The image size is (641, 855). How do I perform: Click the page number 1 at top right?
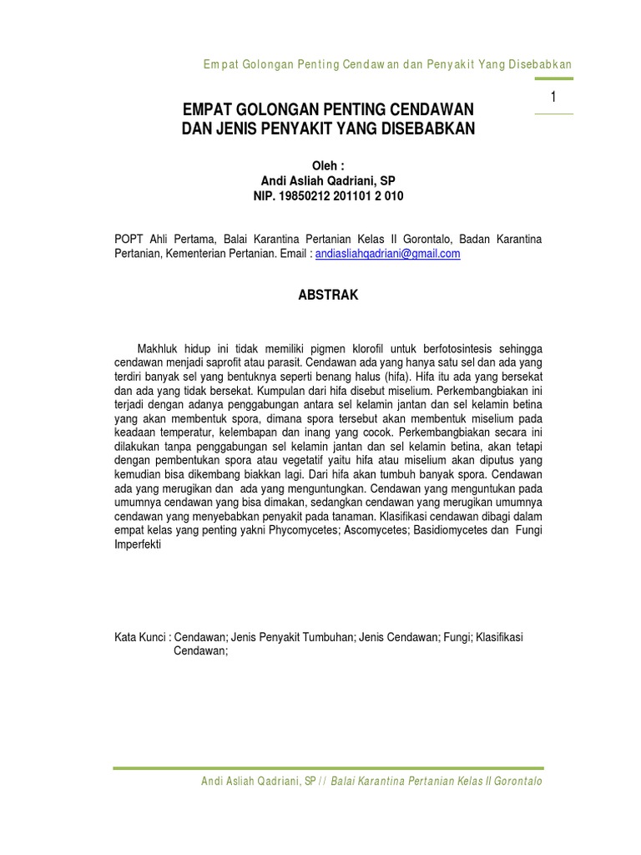pos(553,98)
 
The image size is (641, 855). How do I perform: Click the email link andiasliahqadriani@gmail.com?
pos(387,255)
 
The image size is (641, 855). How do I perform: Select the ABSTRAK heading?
pos(328,295)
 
